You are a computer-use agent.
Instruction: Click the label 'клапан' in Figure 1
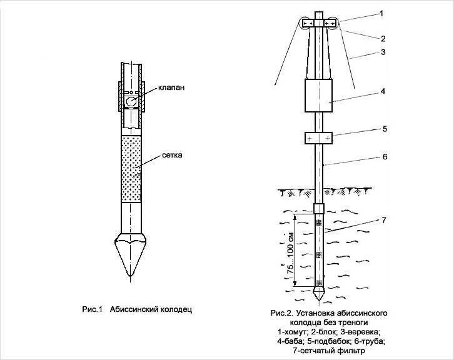pyautogui.click(x=171, y=87)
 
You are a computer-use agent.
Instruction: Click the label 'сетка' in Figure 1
pyautogui.click(x=172, y=155)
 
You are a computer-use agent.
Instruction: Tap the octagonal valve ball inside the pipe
pyautogui.click(x=131, y=102)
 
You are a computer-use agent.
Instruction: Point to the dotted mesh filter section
pyautogui.click(x=131, y=169)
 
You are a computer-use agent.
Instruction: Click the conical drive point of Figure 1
pyautogui.click(x=131, y=256)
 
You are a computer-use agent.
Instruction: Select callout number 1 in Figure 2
pyautogui.click(x=381, y=13)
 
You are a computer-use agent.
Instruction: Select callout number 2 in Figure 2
pyautogui.click(x=383, y=39)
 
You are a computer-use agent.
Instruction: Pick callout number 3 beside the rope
pyautogui.click(x=383, y=52)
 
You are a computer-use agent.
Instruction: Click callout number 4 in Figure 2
pyautogui.click(x=383, y=91)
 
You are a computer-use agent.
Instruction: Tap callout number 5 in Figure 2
pyautogui.click(x=385, y=129)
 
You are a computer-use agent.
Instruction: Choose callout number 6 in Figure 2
pyautogui.click(x=385, y=156)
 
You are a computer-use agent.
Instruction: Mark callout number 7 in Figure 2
pyautogui.click(x=384, y=220)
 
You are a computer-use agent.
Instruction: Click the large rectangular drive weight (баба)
pyautogui.click(x=318, y=96)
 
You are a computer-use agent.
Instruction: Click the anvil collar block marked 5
pyautogui.click(x=318, y=138)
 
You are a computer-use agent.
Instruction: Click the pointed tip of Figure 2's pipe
pyautogui.click(x=319, y=300)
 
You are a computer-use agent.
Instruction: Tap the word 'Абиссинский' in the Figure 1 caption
pyautogui.click(x=134, y=309)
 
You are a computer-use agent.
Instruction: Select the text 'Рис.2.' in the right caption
pyautogui.click(x=282, y=313)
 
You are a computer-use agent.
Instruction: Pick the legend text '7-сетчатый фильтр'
pyautogui.click(x=329, y=351)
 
